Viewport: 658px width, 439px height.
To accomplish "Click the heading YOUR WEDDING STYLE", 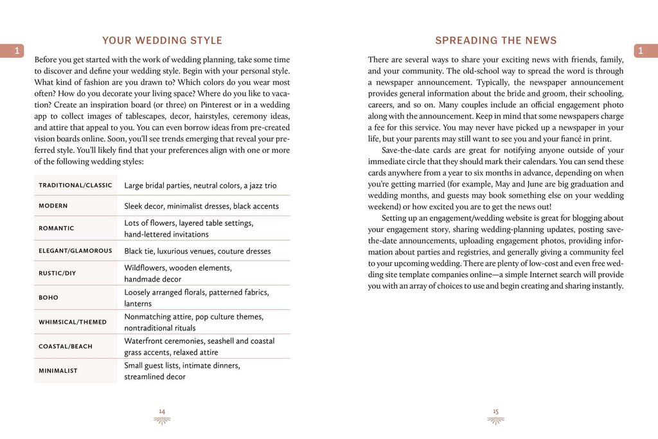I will coord(162,40).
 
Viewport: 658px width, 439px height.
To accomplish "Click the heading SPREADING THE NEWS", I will coord(495,40).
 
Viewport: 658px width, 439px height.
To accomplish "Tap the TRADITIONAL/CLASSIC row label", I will coord(75,185).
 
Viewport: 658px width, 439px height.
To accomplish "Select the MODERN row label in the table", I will coord(53,206).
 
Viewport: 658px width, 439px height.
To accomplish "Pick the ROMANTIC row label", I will coord(57,228).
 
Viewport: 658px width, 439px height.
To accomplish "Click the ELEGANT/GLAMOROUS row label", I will coord(75,251).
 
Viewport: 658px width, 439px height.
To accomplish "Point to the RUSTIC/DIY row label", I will coord(57,273).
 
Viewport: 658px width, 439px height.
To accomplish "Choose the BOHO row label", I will coord(48,298).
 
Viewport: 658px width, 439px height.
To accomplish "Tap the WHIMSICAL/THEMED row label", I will coord(73,322).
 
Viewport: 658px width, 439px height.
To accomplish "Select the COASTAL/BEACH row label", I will coord(66,346).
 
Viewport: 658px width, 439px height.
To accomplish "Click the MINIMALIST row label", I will coord(58,371).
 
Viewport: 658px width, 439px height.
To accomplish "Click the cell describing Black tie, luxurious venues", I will coord(197,251).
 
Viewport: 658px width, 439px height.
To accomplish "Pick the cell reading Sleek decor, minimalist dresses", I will coord(201,206).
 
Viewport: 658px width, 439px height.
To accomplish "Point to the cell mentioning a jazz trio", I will coord(200,186).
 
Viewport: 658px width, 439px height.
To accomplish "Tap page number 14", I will coord(162,411).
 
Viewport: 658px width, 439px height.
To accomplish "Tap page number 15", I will coord(495,411).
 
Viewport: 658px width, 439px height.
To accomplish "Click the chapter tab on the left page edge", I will coord(12,51).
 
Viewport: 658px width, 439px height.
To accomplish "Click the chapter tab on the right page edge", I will coord(646,51).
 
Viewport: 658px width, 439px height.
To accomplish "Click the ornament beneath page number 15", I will coord(495,420).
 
